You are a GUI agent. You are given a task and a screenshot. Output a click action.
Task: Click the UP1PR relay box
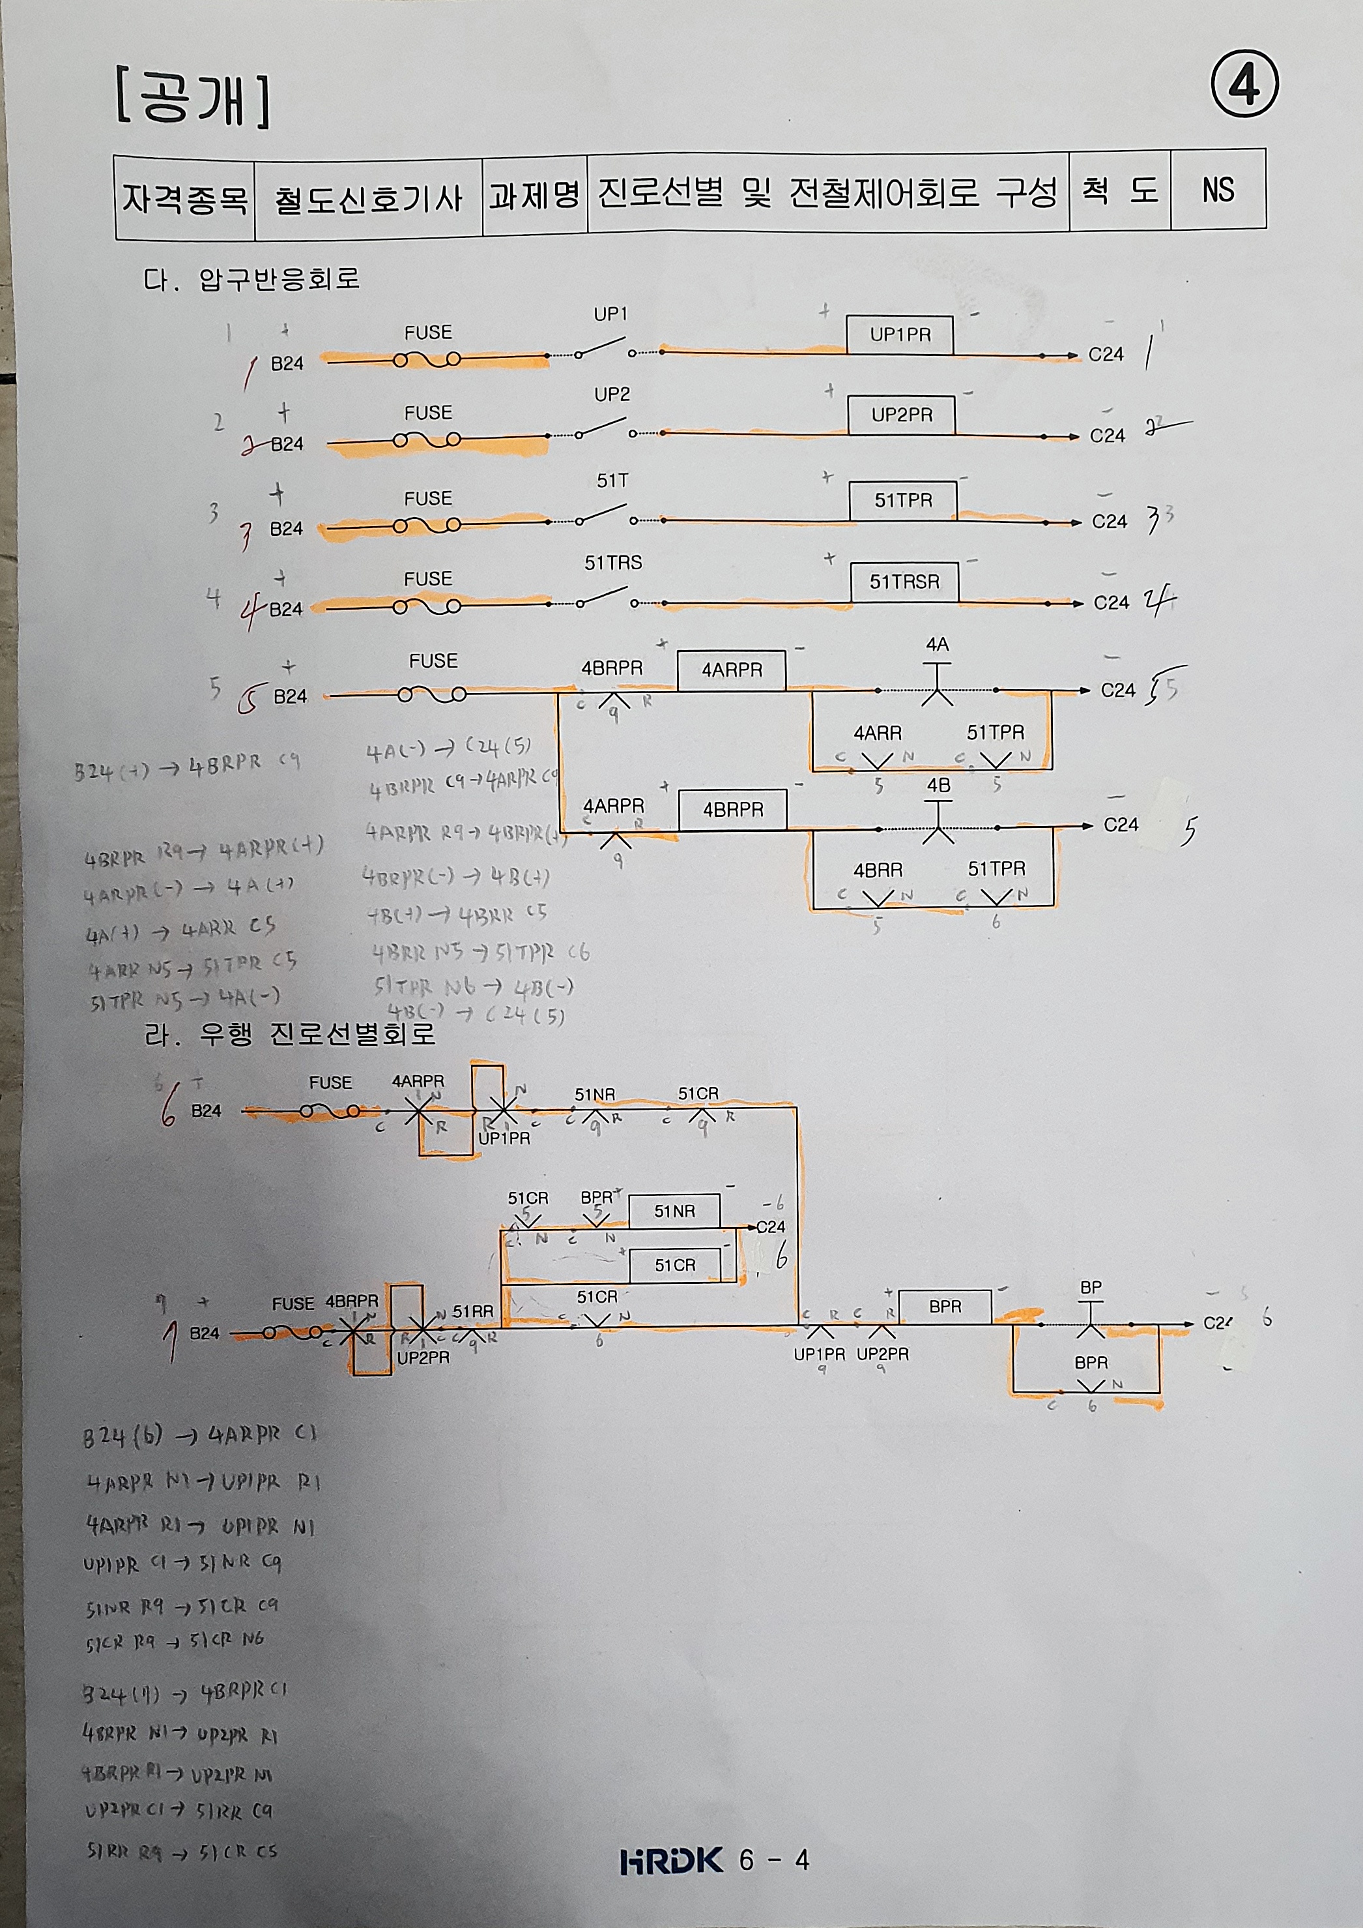coord(900,335)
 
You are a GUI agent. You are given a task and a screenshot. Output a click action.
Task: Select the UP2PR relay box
coord(902,415)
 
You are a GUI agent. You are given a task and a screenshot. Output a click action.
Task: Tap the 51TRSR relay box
coord(904,581)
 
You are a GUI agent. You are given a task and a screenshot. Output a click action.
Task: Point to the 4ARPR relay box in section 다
coord(732,670)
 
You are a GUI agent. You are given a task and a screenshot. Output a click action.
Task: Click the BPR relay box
coord(945,1307)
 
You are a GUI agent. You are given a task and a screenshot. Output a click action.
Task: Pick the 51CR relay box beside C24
coord(675,1265)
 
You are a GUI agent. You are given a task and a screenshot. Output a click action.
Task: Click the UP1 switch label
coord(610,314)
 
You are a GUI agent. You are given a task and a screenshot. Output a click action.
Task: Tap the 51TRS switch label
coord(612,563)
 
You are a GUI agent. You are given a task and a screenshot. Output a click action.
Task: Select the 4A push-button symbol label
coord(937,645)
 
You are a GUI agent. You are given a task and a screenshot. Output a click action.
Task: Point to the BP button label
coord(1090,1287)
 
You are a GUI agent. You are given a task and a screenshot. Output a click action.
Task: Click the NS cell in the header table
coord(1218,190)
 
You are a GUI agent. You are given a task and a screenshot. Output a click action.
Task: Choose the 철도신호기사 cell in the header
coord(367,198)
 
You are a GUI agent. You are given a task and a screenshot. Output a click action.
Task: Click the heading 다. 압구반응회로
coord(251,278)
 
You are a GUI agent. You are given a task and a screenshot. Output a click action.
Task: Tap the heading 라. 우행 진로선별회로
coord(289,1033)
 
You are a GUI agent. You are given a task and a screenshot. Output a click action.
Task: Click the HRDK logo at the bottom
coord(670,1860)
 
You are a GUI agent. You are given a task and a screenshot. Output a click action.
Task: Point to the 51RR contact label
coord(472,1311)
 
